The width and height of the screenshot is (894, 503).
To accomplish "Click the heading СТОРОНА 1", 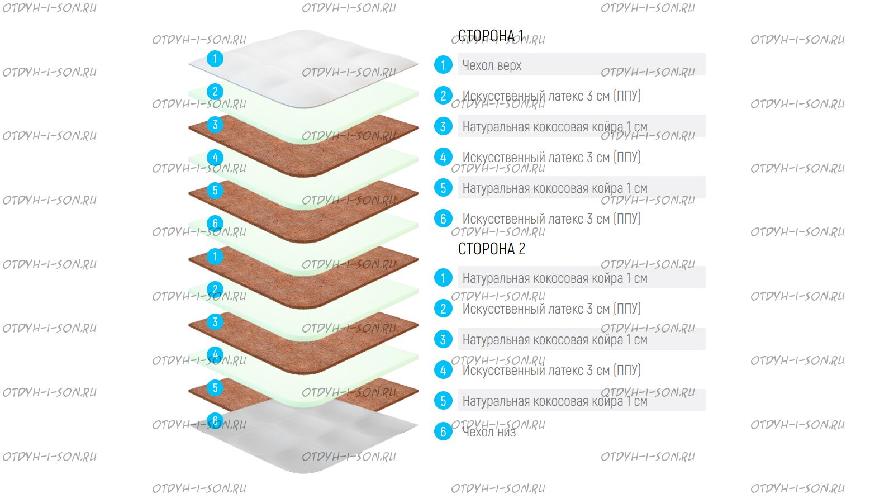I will point(491,36).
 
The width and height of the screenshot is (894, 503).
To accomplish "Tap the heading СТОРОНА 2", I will point(492,249).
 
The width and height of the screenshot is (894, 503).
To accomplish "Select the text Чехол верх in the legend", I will point(492,65).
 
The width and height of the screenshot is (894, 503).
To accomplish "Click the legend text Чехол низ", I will point(489,431).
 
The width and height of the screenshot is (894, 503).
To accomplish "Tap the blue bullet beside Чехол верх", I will point(443,65).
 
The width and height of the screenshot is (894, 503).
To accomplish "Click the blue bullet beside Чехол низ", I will point(443,431).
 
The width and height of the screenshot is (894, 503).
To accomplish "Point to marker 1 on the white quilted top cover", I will point(215,59).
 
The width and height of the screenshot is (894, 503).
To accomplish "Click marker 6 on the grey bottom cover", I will point(215,420).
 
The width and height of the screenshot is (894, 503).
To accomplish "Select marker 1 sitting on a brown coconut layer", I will point(215,257).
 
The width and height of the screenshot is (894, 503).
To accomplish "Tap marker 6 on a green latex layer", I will point(215,224).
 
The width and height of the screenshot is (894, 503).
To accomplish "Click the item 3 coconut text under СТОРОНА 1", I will point(554,127).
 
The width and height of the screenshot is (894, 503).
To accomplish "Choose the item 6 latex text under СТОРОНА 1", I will point(551,219).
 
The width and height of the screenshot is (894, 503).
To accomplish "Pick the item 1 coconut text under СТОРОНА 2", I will point(554,278).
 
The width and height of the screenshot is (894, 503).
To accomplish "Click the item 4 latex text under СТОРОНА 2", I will point(551,370).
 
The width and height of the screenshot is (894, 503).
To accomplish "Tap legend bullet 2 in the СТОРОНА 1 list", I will point(443,96).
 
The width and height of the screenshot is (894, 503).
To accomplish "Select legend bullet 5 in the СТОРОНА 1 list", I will point(443,188).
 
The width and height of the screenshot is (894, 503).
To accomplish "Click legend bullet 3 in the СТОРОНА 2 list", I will point(443,339).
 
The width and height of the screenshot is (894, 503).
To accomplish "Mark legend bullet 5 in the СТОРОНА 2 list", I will point(443,401).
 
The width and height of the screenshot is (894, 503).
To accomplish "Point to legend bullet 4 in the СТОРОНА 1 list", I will point(443,157).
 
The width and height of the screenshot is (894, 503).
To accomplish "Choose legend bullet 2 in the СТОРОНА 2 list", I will point(443,309).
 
